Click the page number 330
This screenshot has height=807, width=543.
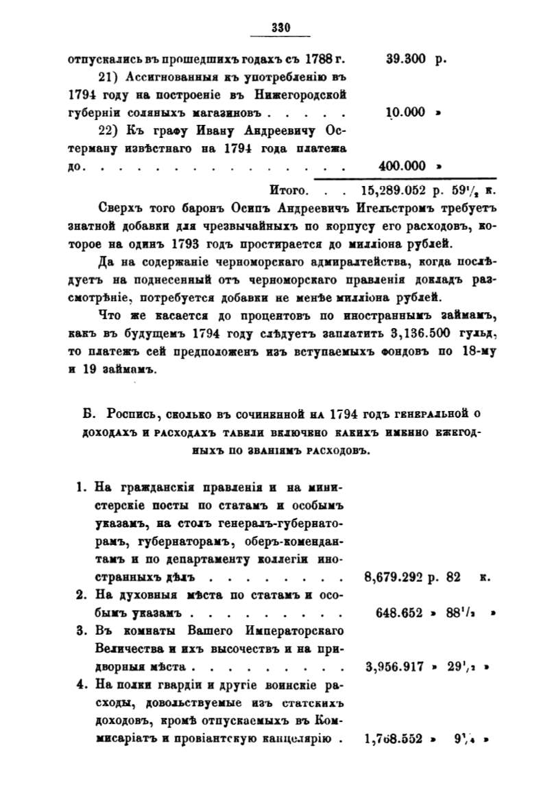tap(282, 27)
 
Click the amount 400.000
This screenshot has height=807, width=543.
tap(402, 165)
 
